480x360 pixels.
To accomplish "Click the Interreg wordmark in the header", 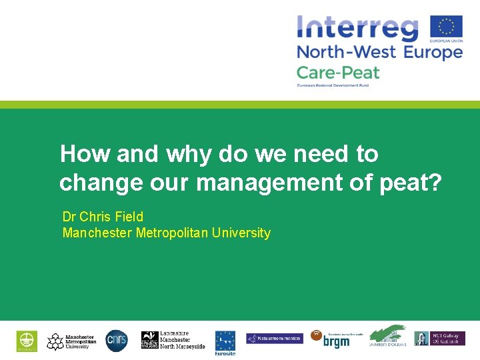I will [357, 28].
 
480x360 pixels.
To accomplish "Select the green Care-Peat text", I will [337, 72].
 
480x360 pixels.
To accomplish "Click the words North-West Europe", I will [379, 52].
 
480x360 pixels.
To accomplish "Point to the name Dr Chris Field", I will [103, 217].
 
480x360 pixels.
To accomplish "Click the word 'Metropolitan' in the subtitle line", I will [173, 233].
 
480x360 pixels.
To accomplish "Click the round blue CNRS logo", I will [116, 340].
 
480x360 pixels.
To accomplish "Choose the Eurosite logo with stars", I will [225, 341].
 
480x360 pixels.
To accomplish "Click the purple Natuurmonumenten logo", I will [274, 339].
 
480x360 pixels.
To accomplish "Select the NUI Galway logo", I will [439, 339].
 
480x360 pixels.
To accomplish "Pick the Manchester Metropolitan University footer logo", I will [71, 341].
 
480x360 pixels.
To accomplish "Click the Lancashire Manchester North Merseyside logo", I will [173, 340].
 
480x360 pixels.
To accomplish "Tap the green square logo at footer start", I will [27, 341].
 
